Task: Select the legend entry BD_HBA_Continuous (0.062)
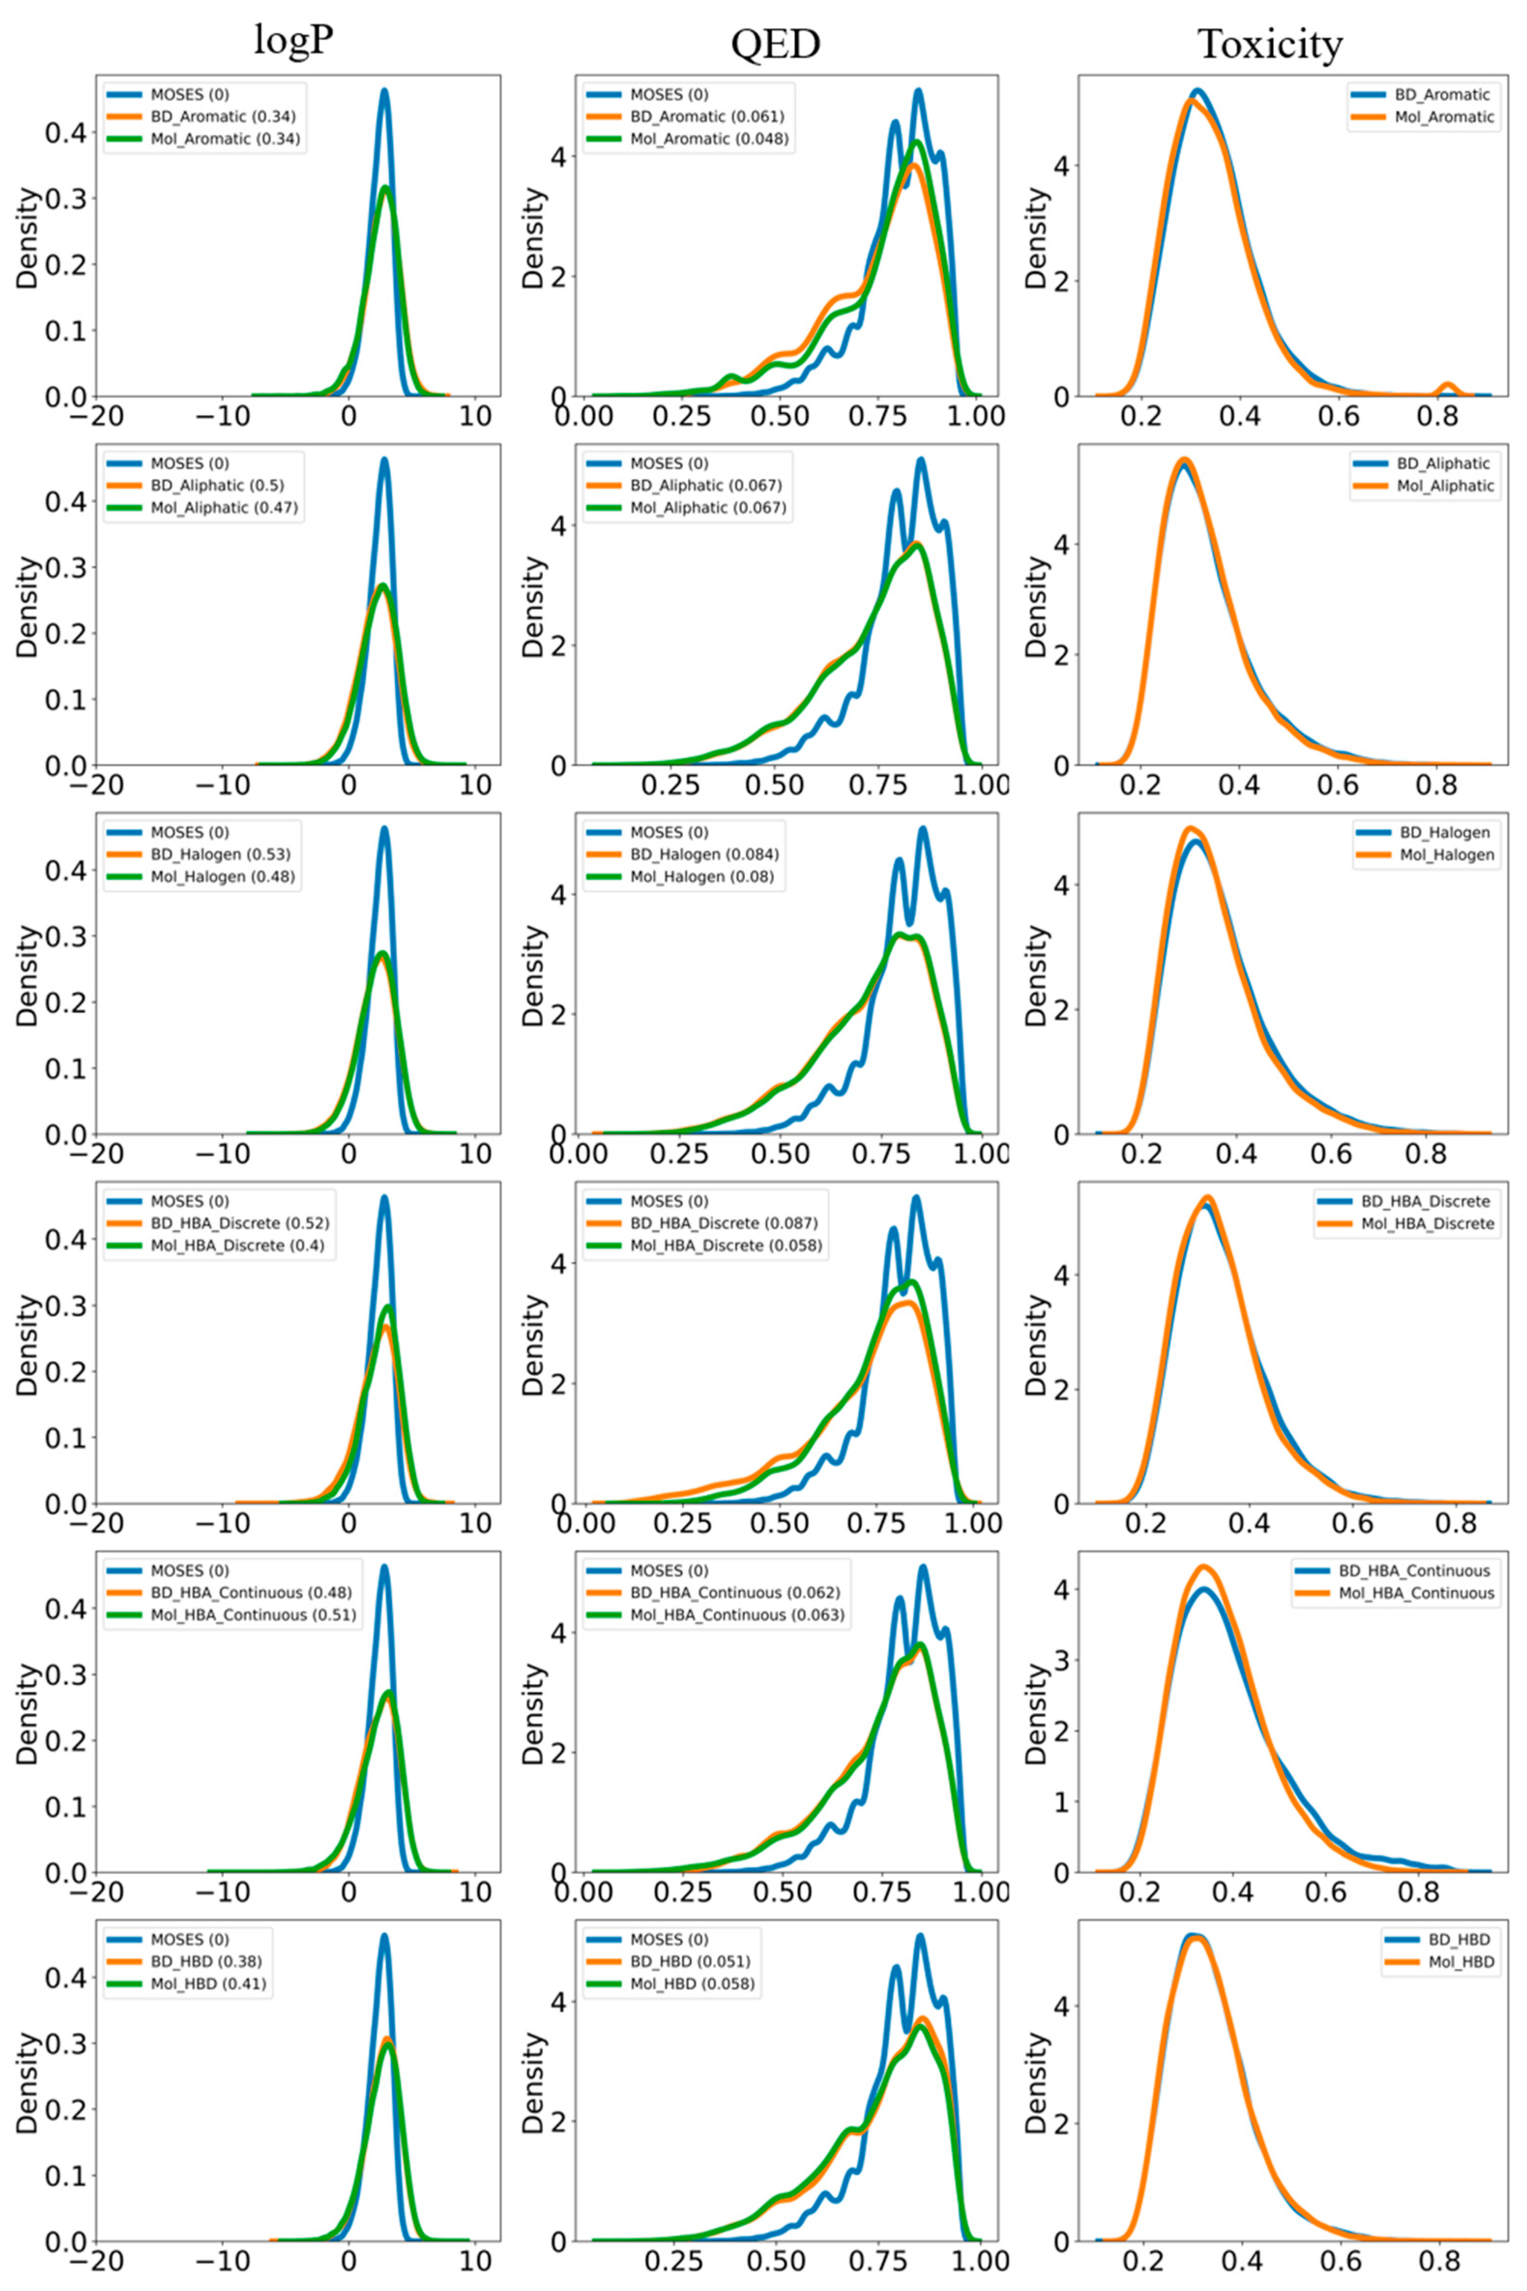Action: (x=734, y=1593)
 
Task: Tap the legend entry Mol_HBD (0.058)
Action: (x=691, y=1983)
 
